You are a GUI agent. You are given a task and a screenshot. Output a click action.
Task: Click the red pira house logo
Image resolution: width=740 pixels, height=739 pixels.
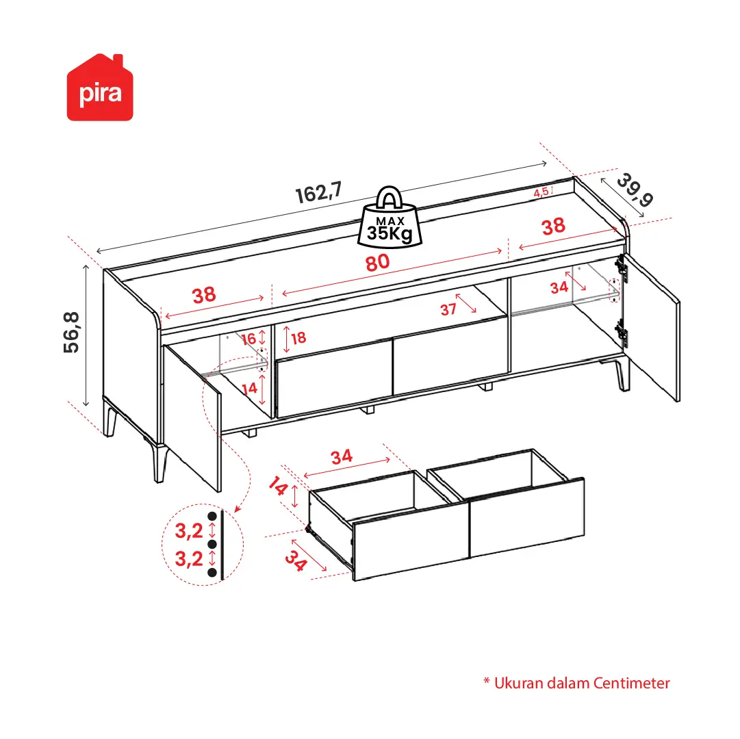(x=100, y=88)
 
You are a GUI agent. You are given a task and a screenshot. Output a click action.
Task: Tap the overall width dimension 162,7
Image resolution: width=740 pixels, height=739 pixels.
(x=318, y=192)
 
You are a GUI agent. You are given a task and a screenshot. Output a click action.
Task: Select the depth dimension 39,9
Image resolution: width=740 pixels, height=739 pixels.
(x=635, y=190)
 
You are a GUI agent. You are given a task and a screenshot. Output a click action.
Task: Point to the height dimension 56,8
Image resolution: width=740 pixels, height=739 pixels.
(x=72, y=333)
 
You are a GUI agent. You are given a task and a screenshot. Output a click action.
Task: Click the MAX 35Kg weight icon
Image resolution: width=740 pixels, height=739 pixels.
(x=390, y=217)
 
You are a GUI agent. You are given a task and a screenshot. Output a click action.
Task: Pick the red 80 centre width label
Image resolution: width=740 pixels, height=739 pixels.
(x=378, y=263)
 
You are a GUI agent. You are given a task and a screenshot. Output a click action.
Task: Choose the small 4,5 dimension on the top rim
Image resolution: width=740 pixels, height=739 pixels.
(x=541, y=192)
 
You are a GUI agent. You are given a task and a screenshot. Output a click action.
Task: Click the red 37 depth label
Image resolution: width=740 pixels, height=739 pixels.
(x=448, y=309)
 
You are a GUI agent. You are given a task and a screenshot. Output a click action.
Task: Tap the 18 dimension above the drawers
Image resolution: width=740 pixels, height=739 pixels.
(x=298, y=337)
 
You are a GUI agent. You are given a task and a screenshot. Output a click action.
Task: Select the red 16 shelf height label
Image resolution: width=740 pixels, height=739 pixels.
(x=248, y=339)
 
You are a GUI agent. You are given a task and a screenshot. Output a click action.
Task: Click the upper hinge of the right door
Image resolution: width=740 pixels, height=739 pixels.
(x=622, y=270)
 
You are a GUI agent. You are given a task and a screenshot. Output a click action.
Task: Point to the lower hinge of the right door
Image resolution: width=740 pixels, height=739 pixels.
(x=622, y=333)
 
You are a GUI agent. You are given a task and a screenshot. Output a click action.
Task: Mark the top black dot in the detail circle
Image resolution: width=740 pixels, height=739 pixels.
(x=212, y=517)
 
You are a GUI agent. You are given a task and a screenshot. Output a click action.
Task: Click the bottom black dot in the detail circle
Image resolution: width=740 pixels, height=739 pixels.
(x=212, y=573)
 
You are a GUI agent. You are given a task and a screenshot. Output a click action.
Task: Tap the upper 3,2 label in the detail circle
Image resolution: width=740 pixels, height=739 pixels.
(x=189, y=531)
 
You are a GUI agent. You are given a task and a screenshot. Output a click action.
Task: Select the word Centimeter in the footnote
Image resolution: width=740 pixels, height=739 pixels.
(x=631, y=683)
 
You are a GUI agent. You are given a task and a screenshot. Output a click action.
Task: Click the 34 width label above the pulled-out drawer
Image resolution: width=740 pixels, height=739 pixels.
(x=342, y=456)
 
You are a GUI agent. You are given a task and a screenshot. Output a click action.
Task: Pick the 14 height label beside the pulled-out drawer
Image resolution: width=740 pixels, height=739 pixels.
(x=279, y=486)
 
